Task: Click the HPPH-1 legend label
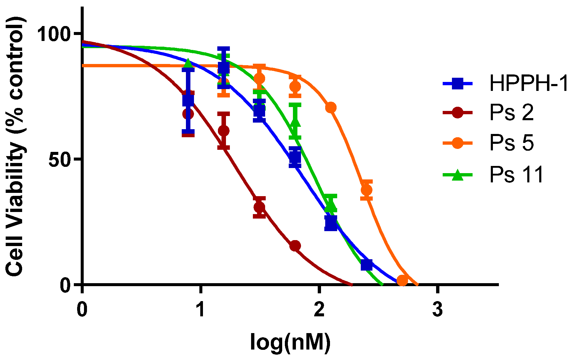(528, 83)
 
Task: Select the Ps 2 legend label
(511, 113)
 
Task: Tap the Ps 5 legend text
(511, 143)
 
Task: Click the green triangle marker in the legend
(457, 175)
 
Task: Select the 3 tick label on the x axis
(437, 309)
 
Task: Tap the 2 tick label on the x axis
(319, 309)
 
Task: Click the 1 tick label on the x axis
(201, 309)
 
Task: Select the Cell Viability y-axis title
(15, 147)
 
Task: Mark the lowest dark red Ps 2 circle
(295, 246)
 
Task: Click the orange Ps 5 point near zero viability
(402, 280)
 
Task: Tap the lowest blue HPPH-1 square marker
(366, 265)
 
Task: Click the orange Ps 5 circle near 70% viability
(331, 108)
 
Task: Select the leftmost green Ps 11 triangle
(188, 63)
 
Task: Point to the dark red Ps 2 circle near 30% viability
(259, 207)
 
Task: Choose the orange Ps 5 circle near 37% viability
(366, 190)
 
